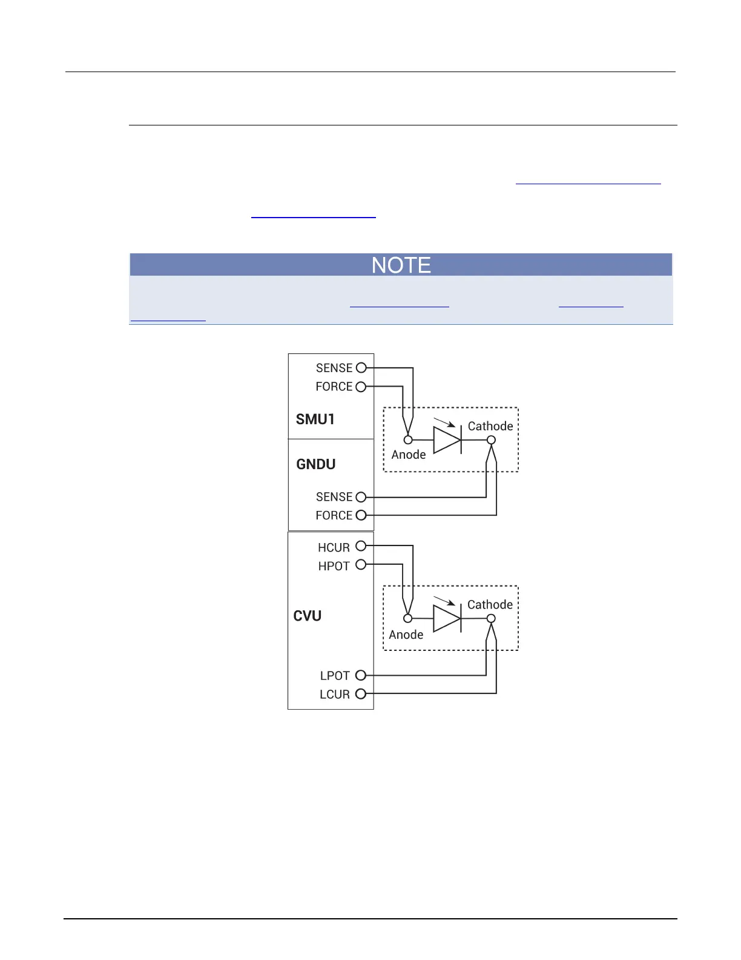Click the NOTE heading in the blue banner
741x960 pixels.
click(x=401, y=265)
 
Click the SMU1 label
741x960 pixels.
click(x=315, y=419)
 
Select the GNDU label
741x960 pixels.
click(x=315, y=464)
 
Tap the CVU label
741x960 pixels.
click(x=307, y=616)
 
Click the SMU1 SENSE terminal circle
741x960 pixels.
click(x=361, y=367)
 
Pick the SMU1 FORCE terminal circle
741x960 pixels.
click(x=361, y=386)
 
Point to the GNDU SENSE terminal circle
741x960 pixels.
click(x=361, y=497)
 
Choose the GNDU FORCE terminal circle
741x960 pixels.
click(x=361, y=515)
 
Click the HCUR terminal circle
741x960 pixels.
click(x=361, y=545)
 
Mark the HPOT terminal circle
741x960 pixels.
click(x=361, y=564)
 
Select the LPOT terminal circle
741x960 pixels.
click(x=361, y=675)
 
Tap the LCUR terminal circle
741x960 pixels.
click(x=361, y=694)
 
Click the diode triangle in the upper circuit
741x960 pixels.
click(x=447, y=440)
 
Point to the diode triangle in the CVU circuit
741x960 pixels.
click(x=447, y=618)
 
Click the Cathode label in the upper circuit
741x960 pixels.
click(x=490, y=426)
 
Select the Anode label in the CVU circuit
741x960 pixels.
click(x=406, y=635)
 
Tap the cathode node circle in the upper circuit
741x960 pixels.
click(x=492, y=440)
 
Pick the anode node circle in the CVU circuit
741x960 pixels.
click(x=408, y=618)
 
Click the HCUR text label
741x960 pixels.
click(x=334, y=547)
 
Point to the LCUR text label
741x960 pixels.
click(x=334, y=695)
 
